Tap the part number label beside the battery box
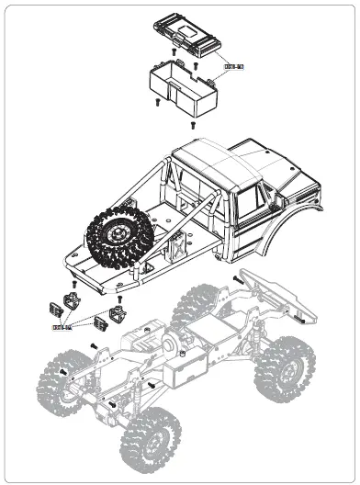tap(233, 66)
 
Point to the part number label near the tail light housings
tap(62, 324)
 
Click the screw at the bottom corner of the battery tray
tap(192, 123)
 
